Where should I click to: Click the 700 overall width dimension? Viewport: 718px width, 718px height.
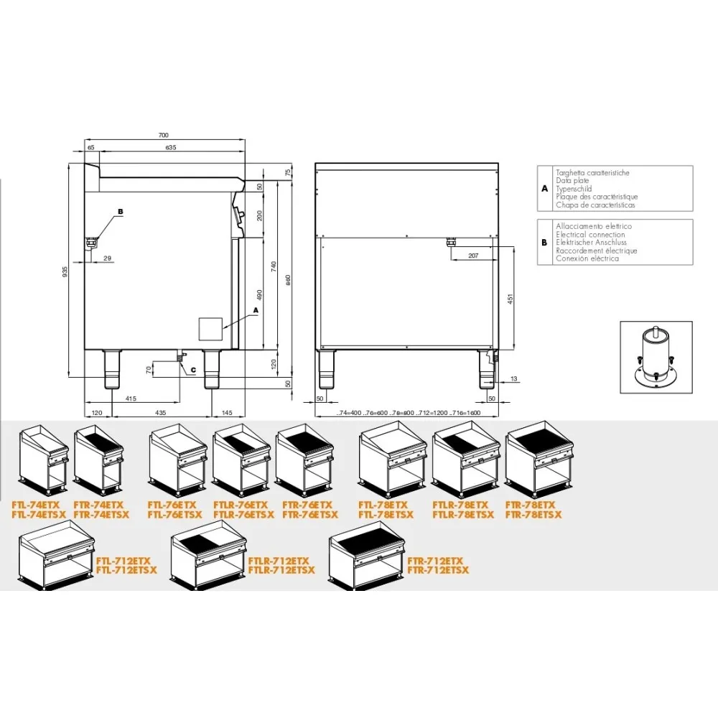point(163,135)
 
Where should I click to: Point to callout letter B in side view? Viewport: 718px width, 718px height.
point(120,212)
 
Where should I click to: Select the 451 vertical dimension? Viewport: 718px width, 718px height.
point(510,299)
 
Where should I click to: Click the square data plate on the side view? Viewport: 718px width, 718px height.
point(210,328)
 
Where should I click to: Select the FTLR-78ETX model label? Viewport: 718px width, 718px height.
point(462,505)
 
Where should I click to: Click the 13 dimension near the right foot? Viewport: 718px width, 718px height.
point(514,378)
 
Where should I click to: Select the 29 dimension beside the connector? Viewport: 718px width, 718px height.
point(107,257)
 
